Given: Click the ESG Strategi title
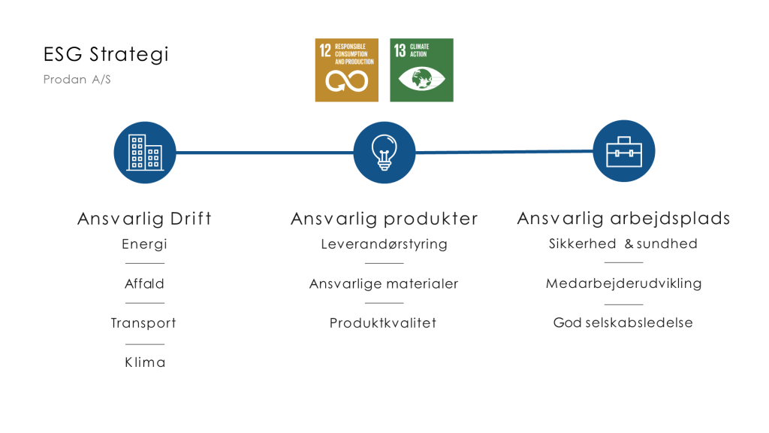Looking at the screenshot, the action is tap(106, 54).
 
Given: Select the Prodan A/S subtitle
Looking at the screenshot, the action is tap(77, 80).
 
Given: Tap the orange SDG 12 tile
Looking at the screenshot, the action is tap(347, 70).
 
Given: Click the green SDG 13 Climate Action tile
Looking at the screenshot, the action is tap(422, 70).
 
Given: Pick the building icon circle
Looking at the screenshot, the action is tap(145, 153).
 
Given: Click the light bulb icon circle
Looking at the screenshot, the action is tap(384, 153).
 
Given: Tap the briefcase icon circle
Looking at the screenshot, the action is tap(624, 151).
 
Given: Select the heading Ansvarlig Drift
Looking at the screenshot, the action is tap(145, 219).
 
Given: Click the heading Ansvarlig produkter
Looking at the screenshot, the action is tap(384, 219).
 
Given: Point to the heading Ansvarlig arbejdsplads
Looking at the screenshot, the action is tap(624, 219).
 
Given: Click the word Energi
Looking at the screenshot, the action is tap(145, 244).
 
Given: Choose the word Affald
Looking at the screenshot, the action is tap(145, 283).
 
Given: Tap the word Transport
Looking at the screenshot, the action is tap(143, 323).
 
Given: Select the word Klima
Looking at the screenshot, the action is tap(145, 362).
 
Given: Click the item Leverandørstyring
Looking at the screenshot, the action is tap(384, 244).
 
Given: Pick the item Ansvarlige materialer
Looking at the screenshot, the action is tap(384, 283).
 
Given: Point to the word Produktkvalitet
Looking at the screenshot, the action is tap(383, 323).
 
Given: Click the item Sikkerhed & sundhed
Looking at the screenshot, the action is tap(623, 244).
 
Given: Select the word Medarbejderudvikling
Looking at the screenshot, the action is tap(624, 283).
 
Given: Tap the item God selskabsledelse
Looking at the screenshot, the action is tap(623, 322).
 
